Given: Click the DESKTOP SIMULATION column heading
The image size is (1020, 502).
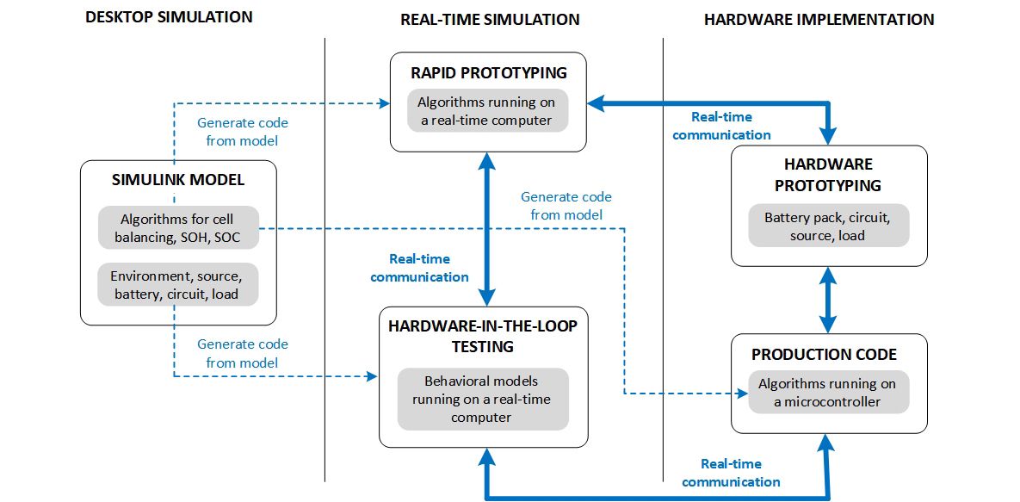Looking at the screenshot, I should pyautogui.click(x=169, y=17).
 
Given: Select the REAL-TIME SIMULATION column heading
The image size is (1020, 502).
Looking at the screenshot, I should pyautogui.click(x=490, y=19).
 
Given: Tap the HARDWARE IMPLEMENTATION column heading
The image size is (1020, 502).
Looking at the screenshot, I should pyautogui.click(x=819, y=19).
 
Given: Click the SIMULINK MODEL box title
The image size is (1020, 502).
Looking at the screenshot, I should pyautogui.click(x=178, y=180).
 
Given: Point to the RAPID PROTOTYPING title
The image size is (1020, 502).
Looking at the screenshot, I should pyautogui.click(x=488, y=72).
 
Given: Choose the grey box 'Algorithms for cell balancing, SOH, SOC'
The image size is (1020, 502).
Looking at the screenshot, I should pyautogui.click(x=178, y=228).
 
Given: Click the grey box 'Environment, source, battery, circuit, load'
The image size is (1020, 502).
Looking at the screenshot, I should pyautogui.click(x=178, y=285).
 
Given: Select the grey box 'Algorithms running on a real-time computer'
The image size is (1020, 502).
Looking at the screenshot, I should pyautogui.click(x=488, y=110).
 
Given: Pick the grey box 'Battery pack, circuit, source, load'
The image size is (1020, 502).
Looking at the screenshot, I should pyautogui.click(x=826, y=226).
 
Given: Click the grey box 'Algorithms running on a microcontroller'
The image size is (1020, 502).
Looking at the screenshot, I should pyautogui.click(x=826, y=392).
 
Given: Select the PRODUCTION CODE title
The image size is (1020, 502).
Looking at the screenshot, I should pyautogui.click(x=824, y=355).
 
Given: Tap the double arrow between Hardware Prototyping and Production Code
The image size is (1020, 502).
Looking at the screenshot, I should pyautogui.click(x=828, y=299).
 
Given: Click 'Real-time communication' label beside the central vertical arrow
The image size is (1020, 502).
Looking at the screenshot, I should pyautogui.click(x=420, y=268).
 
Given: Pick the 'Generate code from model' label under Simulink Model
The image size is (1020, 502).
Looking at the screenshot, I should pyautogui.click(x=242, y=353).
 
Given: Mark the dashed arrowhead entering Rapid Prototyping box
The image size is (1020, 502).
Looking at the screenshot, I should pyautogui.click(x=384, y=103).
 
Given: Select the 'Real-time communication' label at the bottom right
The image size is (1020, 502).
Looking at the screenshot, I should pyautogui.click(x=731, y=473).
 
